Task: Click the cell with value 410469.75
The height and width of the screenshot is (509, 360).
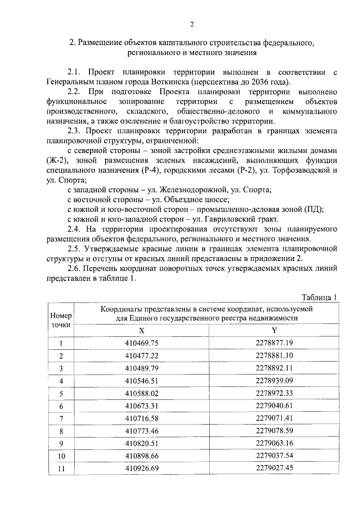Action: [142, 343]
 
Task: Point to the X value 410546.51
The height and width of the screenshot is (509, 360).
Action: [142, 380]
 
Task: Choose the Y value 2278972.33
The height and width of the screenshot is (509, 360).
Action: [274, 393]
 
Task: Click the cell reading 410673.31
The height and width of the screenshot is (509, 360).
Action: [142, 406]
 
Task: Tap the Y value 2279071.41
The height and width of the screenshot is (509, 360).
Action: [274, 418]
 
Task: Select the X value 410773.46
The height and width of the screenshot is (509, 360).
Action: [142, 430]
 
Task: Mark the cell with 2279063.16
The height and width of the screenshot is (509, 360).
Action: [274, 443]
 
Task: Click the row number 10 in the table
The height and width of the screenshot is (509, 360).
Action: [61, 456]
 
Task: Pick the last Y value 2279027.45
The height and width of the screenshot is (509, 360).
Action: [274, 467]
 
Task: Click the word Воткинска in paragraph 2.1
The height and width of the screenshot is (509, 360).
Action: [170, 82]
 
